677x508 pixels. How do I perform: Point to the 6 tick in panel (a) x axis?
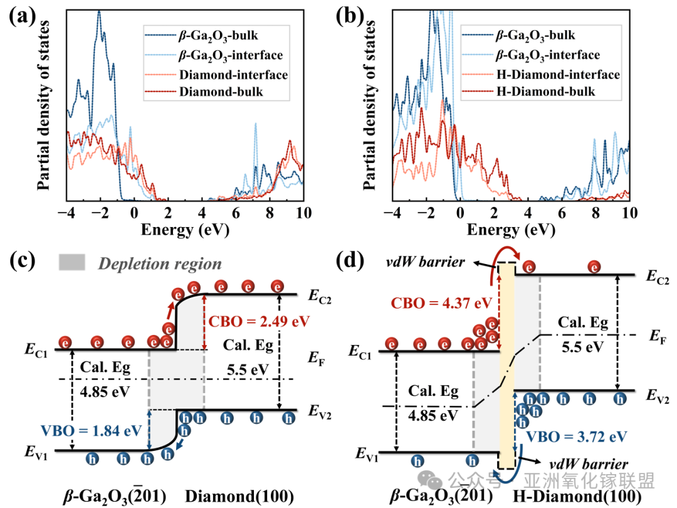236,213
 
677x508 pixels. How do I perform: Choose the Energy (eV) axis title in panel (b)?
511,230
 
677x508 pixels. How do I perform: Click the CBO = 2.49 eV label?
259,321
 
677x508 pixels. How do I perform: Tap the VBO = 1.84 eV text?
92,431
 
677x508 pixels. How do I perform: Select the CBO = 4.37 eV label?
441,303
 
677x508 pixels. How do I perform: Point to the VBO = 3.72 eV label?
577,437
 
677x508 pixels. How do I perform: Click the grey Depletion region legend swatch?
71,262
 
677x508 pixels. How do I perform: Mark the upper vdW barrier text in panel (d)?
425,262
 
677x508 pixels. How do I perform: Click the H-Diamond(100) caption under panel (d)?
577,496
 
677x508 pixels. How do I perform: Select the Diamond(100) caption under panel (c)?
239,497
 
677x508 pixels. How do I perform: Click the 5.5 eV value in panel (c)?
248,370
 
